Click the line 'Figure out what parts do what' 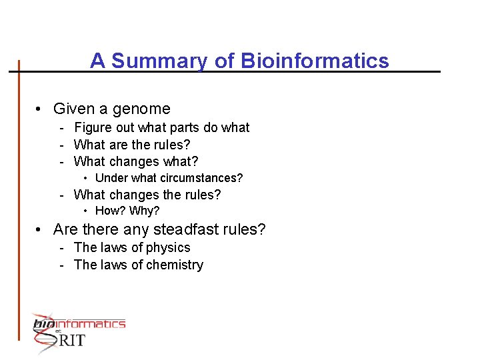pyautogui.click(x=161, y=127)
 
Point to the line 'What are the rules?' pyautogui.click(x=132, y=145)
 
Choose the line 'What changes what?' pyautogui.click(x=136, y=161)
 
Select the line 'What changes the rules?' pyautogui.click(x=147, y=195)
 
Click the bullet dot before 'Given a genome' pyautogui.click(x=41, y=109)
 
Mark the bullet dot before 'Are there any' pyautogui.click(x=41, y=230)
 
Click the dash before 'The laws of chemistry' pyautogui.click(x=61, y=265)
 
